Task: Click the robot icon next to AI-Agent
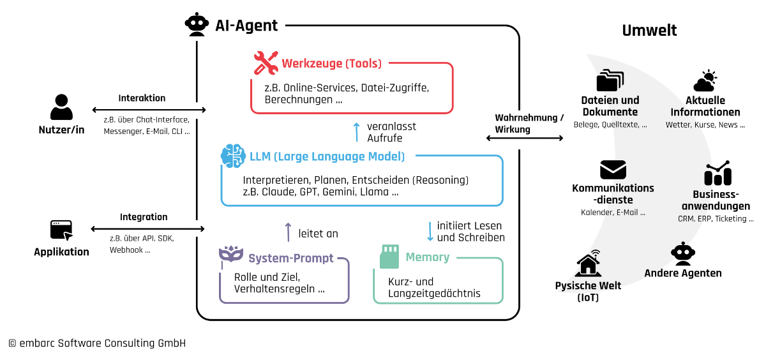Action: (x=197, y=25)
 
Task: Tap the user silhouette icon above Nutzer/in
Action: (x=61, y=108)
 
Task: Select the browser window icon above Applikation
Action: (x=61, y=230)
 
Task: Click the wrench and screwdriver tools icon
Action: (x=266, y=63)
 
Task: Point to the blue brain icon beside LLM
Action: (x=233, y=156)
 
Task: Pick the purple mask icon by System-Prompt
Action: (x=230, y=256)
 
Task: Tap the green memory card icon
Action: (x=389, y=256)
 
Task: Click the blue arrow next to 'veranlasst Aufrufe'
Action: (x=357, y=131)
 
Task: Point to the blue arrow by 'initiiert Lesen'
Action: (x=430, y=231)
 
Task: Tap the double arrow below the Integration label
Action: (x=148, y=229)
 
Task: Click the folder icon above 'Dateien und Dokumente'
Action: (x=610, y=81)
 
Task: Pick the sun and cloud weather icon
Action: (x=705, y=82)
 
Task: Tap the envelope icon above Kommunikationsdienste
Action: (x=613, y=170)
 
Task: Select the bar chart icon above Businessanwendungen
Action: (x=717, y=174)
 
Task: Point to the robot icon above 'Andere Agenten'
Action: (x=682, y=253)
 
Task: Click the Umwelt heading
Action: (x=649, y=30)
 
